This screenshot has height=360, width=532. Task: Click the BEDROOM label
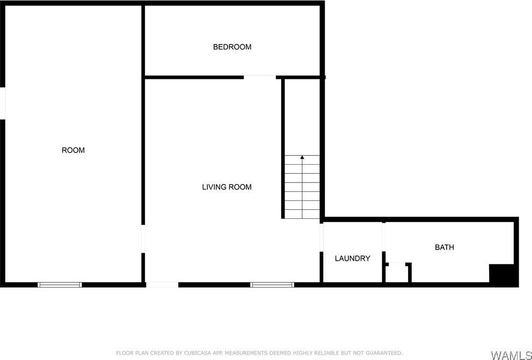[232, 47]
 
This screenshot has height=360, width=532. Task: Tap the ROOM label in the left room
[73, 150]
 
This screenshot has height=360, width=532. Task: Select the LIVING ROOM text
[227, 187]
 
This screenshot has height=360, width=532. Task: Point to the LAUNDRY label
[352, 258]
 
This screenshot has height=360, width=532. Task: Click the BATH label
[444, 247]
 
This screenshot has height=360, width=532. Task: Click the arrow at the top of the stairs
[302, 157]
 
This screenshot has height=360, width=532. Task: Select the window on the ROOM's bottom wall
[60, 284]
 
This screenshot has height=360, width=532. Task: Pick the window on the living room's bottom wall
[272, 284]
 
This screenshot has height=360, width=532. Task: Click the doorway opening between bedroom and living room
[260, 77]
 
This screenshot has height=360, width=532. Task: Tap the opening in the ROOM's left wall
[3, 103]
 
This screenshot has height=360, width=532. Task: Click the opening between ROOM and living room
[143, 238]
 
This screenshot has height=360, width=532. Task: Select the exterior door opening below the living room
[162, 284]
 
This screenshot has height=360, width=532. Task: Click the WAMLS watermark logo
[510, 355]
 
